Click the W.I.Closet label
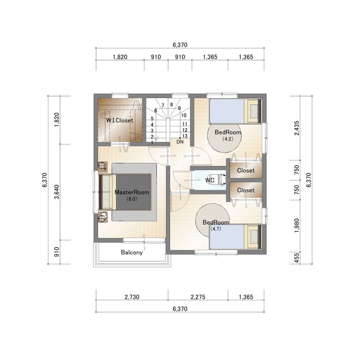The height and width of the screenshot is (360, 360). coord(120,120)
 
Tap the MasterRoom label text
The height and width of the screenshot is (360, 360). coord(132,193)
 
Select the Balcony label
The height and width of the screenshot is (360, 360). coord(132,252)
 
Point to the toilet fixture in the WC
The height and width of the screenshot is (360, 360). coord(221,180)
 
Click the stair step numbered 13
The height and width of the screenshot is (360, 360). coord(185,136)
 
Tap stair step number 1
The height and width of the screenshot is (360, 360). coord(152,143)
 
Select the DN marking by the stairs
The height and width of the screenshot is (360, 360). coord(180,142)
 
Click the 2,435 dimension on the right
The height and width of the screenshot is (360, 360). coord(297,128)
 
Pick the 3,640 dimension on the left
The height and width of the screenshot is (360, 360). coord(57,192)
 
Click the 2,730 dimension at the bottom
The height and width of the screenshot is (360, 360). coord(132,297)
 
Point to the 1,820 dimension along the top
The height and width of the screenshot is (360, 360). coord(120,57)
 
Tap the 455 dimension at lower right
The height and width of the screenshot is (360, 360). coord(297,258)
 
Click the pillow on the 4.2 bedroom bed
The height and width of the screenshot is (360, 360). coord(254,111)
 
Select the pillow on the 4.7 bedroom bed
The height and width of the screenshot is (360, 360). coord(254,237)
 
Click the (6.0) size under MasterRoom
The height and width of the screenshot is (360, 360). coord(132,199)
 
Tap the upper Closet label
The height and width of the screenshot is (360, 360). coord(246,171)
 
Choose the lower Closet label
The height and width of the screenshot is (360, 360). coord(246,190)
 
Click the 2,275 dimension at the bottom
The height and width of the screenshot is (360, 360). coord(198,297)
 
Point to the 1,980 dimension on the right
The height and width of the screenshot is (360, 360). coord(297,225)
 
